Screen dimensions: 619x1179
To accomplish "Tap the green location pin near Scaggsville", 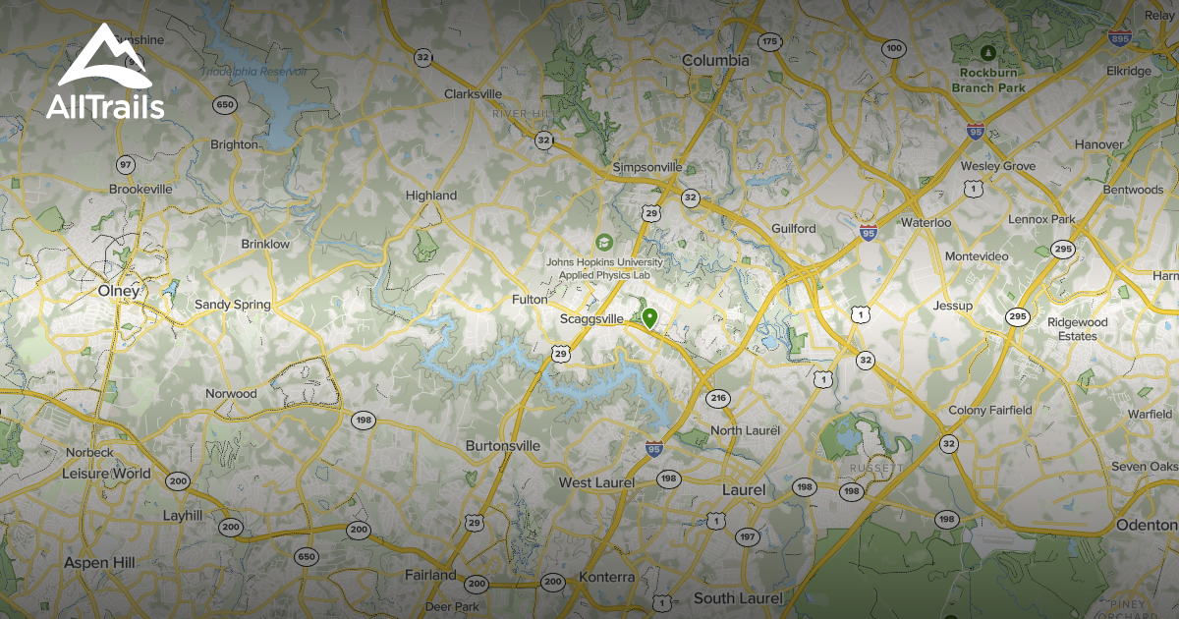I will pyautogui.click(x=649, y=318).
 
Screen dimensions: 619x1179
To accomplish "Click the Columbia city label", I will pyautogui.click(x=715, y=61).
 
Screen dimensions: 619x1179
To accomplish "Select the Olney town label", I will pyautogui.click(x=119, y=291).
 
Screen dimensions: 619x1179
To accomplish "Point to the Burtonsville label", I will pyautogui.click(x=502, y=445).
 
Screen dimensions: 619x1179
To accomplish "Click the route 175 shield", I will pyautogui.click(x=769, y=41).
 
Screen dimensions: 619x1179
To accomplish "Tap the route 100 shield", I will pyautogui.click(x=893, y=47).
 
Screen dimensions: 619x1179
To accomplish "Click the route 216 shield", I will pyautogui.click(x=717, y=398).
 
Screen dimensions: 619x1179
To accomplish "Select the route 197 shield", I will pyautogui.click(x=747, y=536).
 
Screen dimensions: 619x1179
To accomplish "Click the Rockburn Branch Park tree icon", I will pyautogui.click(x=987, y=52).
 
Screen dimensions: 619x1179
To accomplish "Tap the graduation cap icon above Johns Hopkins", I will pyautogui.click(x=603, y=242).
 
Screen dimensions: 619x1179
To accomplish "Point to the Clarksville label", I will pyautogui.click(x=474, y=94).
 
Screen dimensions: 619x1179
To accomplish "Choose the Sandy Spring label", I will pyautogui.click(x=232, y=305).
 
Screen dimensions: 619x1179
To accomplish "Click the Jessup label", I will pyautogui.click(x=953, y=306).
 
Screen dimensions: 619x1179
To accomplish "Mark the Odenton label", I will pyautogui.click(x=1146, y=526).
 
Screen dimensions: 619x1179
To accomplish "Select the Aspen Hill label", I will pyautogui.click(x=98, y=562).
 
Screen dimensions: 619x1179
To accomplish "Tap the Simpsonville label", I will pyautogui.click(x=646, y=167).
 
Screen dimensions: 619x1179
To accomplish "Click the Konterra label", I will pyautogui.click(x=607, y=577).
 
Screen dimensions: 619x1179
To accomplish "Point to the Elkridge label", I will pyautogui.click(x=1127, y=72).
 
